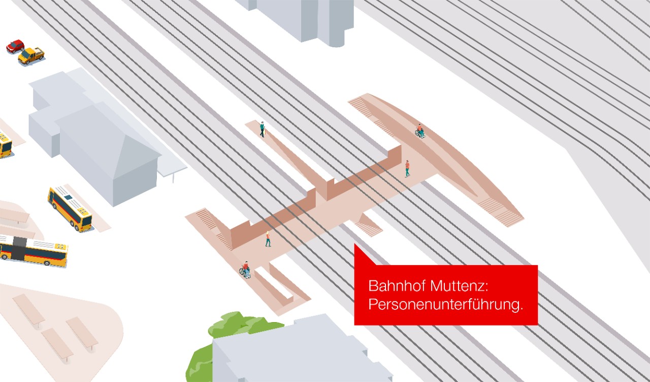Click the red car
[15, 46]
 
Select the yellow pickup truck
[31, 55]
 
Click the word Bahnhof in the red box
[397, 286]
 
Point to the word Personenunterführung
[445, 305]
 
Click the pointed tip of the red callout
[355, 244]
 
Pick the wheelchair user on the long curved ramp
[420, 131]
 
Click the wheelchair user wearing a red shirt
[245, 270]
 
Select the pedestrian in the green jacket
[263, 129]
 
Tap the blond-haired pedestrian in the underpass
[268, 239]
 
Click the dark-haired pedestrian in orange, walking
[407, 169]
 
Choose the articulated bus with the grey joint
[34, 251]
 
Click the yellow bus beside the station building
[70, 209]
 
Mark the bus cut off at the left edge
[5, 145]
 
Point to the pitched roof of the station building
[107, 139]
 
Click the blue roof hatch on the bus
[69, 198]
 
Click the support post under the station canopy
[173, 177]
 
